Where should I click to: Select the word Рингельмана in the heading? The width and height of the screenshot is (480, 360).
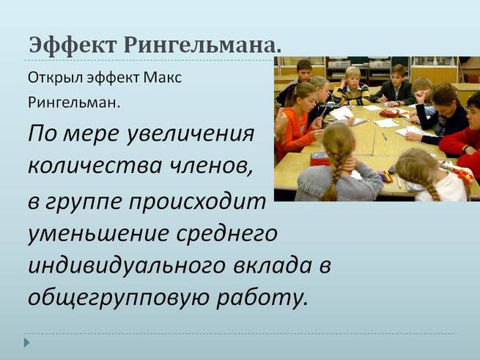202,45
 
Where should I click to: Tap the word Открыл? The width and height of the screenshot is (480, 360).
56,78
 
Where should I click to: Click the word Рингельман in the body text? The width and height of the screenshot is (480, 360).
74,103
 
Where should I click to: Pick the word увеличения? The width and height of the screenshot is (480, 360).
190,134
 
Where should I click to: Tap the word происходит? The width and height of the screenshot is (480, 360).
197,203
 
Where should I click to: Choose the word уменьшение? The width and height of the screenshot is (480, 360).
99,233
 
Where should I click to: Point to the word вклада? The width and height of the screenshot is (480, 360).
272,265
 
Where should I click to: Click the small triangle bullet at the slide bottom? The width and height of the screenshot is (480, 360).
27,342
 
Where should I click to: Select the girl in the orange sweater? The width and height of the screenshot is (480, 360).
296,120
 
